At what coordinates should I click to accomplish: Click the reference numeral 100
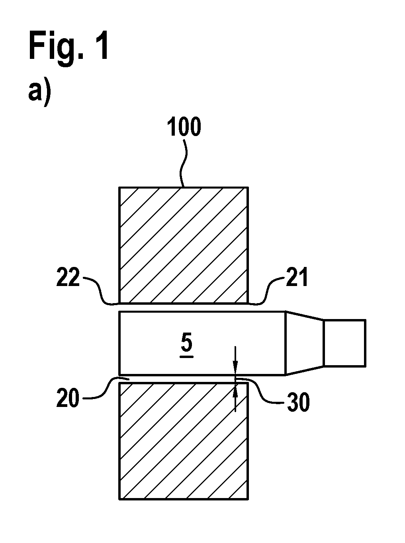184,127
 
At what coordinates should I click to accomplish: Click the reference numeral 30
298,402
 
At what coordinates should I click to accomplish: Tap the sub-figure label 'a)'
39,94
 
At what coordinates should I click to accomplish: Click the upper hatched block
184,245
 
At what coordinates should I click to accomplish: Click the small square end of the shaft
345,343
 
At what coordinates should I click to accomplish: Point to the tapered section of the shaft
305,343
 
